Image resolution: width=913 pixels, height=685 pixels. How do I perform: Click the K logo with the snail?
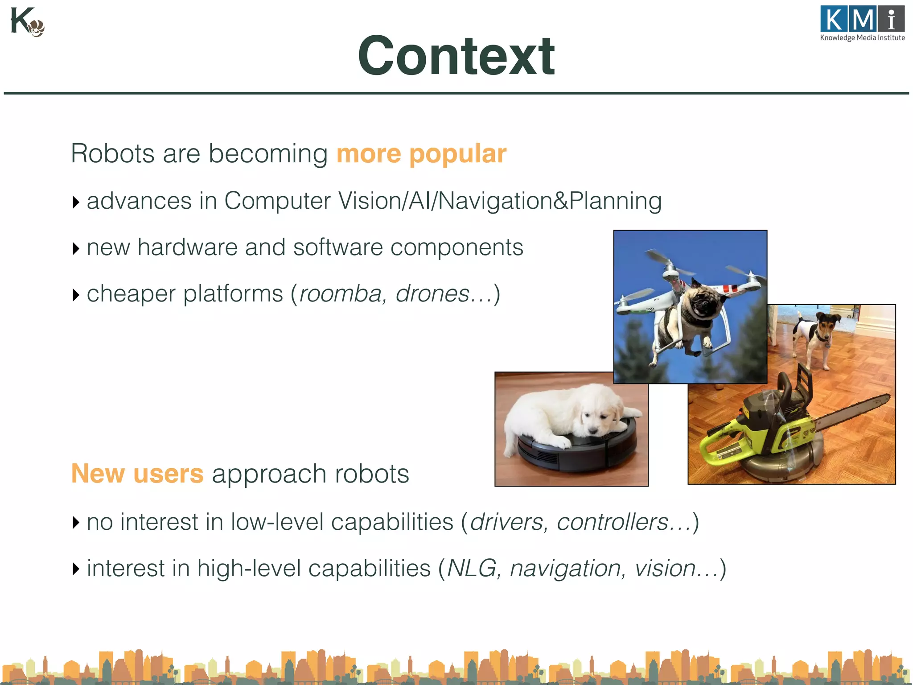pos(27,22)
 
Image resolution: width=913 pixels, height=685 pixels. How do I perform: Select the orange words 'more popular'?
pos(421,154)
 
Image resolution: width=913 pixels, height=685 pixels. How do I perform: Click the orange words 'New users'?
pos(137,474)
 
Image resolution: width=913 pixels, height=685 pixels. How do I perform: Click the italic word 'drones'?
pos(432,294)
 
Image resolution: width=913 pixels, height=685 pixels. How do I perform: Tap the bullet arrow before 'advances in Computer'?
pos(76,202)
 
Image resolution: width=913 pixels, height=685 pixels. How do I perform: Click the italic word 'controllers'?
pos(613,522)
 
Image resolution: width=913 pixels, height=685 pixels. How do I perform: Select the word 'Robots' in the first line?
pos(112,154)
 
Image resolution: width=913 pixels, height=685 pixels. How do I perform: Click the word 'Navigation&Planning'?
pos(550,201)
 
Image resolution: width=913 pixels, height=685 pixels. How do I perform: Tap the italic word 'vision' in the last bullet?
pos(665,569)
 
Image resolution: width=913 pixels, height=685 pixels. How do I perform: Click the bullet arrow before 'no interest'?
pos(76,522)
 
